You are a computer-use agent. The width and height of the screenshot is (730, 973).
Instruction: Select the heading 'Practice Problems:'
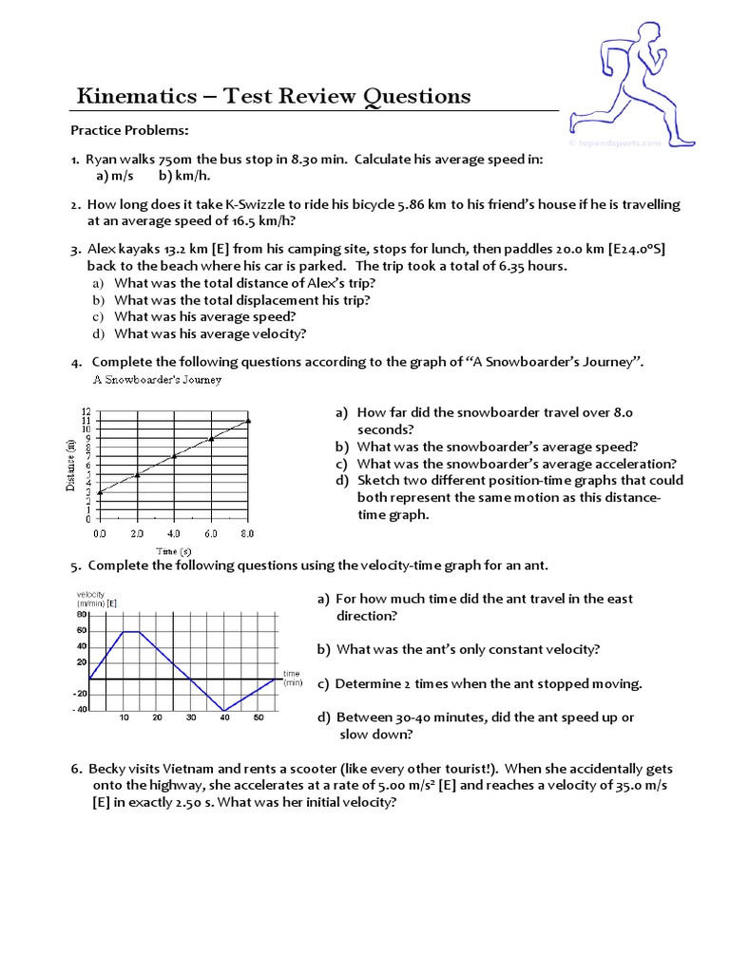pos(129,129)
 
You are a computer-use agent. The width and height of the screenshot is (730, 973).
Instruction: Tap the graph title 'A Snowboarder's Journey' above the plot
pos(157,380)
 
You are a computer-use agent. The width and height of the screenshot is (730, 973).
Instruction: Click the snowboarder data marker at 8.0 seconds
pos(248,420)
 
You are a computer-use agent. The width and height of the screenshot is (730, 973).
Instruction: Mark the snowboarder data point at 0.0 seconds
pos(100,491)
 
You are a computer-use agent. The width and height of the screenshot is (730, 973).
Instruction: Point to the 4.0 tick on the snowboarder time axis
pos(174,534)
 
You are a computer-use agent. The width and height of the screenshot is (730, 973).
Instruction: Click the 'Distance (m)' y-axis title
pos(71,465)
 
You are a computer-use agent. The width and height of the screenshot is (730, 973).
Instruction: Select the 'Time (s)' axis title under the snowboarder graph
pos(174,551)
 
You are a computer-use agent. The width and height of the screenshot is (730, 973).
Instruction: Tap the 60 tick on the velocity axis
pos(82,631)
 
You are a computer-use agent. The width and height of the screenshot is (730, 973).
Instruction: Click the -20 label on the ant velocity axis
pos(80,694)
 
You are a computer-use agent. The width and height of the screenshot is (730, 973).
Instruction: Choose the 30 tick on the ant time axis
pos(191,717)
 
